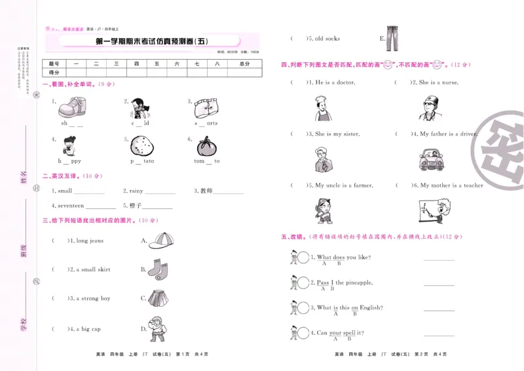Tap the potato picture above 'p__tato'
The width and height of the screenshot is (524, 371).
(142, 146)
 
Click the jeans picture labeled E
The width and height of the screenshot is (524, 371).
(392, 39)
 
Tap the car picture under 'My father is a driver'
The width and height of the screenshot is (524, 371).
(432, 159)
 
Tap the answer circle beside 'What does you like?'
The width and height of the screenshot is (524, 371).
(303, 258)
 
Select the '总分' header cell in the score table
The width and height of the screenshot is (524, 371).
(244, 64)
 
